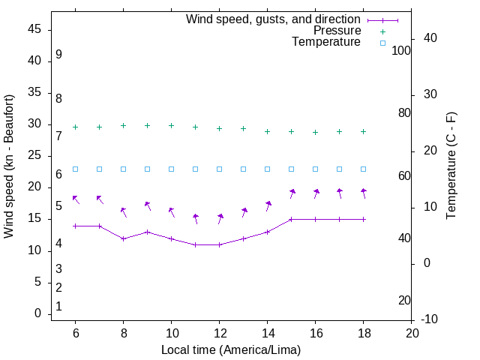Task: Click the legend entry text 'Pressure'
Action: click(x=337, y=31)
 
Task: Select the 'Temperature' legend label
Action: click(x=326, y=42)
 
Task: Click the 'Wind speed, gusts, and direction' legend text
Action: click(x=273, y=19)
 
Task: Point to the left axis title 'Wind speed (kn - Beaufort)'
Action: click(x=9, y=166)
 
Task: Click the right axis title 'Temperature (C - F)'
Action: click(x=451, y=166)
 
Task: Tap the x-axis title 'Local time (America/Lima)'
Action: click(x=231, y=349)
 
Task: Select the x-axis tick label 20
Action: click(x=411, y=333)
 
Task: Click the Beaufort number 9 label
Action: click(x=58, y=55)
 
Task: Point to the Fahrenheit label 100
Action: click(x=401, y=50)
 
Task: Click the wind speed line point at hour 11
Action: click(x=195, y=244)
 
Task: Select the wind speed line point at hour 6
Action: click(x=75, y=226)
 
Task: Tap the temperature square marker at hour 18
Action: click(x=363, y=169)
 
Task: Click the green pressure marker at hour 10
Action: click(x=171, y=125)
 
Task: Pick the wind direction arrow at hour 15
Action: click(x=291, y=193)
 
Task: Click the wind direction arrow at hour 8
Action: click(x=123, y=212)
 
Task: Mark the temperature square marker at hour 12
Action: click(x=219, y=169)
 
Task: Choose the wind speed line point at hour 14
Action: click(x=267, y=232)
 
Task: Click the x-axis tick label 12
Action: click(x=219, y=333)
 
